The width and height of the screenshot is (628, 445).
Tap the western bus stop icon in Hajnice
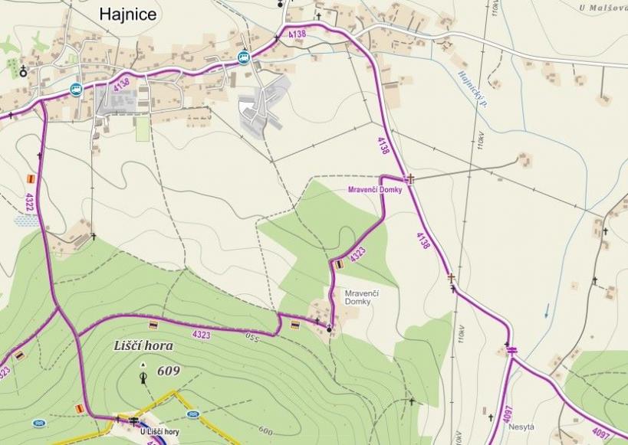click(x=76, y=89)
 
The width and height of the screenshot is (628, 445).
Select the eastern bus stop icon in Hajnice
click(x=244, y=57)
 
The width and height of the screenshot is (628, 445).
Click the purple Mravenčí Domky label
click(x=375, y=189)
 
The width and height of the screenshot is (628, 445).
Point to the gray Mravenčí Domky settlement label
click(x=362, y=297)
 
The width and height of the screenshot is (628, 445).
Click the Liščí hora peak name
click(x=144, y=346)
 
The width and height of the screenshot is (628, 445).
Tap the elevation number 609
click(x=169, y=371)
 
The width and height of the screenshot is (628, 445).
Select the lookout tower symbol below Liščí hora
click(x=143, y=376)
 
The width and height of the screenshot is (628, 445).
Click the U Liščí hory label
click(x=159, y=432)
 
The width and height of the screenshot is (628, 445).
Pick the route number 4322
click(x=30, y=203)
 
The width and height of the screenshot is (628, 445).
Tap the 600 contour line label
click(x=266, y=430)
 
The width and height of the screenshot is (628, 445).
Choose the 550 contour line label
click(x=253, y=336)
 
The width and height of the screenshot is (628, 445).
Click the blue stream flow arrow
click(x=546, y=310)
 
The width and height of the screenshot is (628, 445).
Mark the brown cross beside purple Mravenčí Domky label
click(x=410, y=179)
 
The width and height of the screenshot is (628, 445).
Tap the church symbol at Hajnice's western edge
click(x=24, y=71)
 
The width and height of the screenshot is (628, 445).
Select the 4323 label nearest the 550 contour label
click(x=202, y=335)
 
